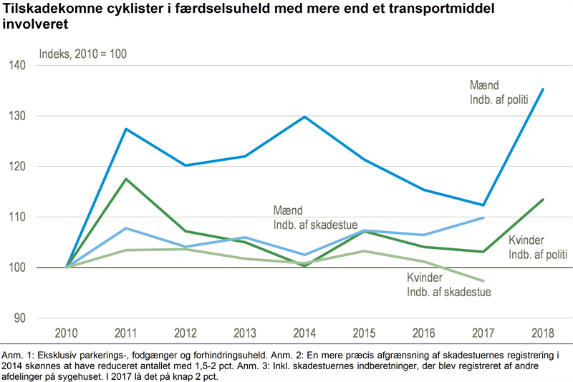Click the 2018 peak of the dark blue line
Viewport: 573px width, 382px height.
(x=543, y=89)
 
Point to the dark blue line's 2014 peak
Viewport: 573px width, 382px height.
(x=305, y=117)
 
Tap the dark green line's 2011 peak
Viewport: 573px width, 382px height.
(x=126, y=179)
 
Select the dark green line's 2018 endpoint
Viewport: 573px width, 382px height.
(x=543, y=200)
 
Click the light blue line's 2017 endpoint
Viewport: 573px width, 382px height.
(x=483, y=217)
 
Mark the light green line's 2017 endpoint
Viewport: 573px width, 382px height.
(x=483, y=280)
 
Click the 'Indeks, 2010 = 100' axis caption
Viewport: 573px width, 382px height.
(x=82, y=54)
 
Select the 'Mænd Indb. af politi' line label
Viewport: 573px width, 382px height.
(x=499, y=92)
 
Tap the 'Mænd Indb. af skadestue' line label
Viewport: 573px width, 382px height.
(x=315, y=217)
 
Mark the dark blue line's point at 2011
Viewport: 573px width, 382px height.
(x=126, y=129)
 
